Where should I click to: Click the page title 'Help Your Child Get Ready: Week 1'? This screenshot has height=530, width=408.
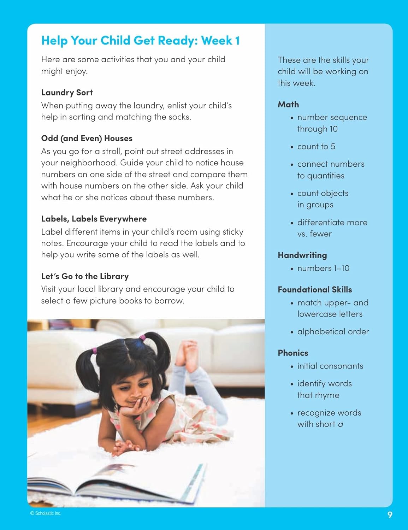(140, 41)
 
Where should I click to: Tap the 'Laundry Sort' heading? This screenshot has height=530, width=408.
(67, 93)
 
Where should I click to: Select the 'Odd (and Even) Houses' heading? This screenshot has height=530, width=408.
(87, 139)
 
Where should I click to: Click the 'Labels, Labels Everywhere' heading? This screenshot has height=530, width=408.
(94, 219)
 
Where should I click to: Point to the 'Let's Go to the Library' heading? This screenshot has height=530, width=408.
(85, 276)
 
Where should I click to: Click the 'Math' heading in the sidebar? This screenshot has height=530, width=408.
(288, 105)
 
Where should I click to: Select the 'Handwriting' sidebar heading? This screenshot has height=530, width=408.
(302, 255)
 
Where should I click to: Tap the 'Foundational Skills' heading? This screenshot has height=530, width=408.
(315, 290)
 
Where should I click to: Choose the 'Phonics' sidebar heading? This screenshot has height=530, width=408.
(293, 353)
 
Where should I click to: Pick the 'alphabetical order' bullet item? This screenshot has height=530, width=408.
(333, 332)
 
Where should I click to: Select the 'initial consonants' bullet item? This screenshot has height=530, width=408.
(330, 366)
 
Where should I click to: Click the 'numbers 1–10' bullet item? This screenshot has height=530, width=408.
(323, 269)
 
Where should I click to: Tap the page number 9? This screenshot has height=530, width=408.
(390, 515)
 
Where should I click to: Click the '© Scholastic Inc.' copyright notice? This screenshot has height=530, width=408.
(46, 513)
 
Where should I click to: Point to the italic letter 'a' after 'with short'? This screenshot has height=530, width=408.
(341, 424)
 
